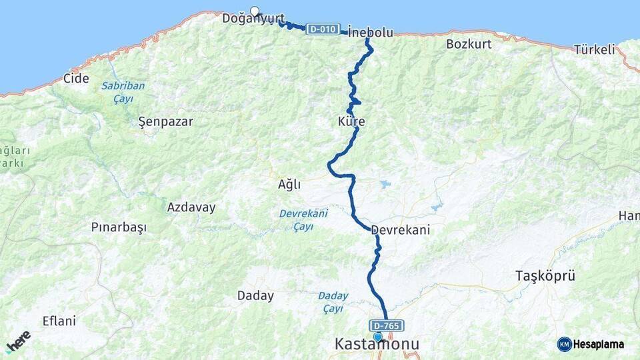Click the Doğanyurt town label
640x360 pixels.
pos(253,19)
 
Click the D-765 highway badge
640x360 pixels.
pos(387,325)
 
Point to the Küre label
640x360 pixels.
pos(351,122)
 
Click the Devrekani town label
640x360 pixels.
pos(400,229)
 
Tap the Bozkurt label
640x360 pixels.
pos(469,44)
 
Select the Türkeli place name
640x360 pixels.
pos(595,49)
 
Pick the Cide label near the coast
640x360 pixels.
pos(76,78)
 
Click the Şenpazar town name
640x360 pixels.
pos(165,121)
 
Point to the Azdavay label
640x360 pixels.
pos(191,207)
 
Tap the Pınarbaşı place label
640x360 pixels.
pos(119,227)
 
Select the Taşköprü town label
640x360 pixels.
pos(545,275)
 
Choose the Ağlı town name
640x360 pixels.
pos(289,185)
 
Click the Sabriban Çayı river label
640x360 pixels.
pos(123,92)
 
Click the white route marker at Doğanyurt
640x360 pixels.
pos(254,11)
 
